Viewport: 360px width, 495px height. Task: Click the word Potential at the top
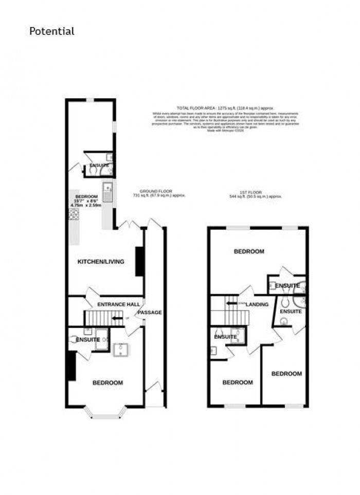(x=51, y=31)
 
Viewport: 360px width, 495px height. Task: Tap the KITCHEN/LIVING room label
(x=101, y=262)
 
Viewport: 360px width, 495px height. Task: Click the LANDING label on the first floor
(x=257, y=304)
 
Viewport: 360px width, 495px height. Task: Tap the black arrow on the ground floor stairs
(x=118, y=319)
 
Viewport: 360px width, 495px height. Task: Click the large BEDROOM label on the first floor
(x=249, y=251)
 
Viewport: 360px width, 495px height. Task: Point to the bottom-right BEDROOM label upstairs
(x=286, y=374)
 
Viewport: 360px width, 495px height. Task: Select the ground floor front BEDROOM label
(x=107, y=382)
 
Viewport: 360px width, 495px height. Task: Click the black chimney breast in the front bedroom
(x=71, y=365)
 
